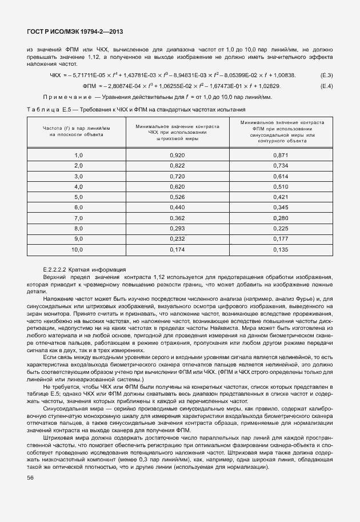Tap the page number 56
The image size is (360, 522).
30,478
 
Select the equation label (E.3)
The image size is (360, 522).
327,75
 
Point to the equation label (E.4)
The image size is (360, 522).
327,86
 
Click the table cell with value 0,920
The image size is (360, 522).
177,155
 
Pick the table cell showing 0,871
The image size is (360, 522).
280,155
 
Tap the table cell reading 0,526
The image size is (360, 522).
177,197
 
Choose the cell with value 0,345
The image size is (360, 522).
280,207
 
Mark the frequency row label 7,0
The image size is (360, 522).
78,217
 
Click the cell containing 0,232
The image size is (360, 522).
177,238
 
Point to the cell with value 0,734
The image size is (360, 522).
280,165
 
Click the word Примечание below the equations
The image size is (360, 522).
68,97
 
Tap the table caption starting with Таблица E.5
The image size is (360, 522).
136,109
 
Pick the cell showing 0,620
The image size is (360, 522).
177,186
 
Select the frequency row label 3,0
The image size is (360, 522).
78,176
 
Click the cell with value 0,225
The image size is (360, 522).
280,228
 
